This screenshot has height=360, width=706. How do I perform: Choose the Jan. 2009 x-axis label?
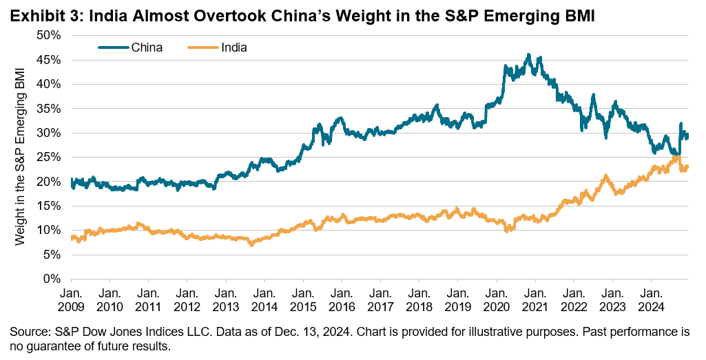click(72, 298)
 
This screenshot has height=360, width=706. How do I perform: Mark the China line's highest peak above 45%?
click(528, 54)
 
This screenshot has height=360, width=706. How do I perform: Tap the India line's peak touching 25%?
click(676, 157)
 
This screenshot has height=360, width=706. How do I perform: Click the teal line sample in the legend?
click(113, 47)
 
